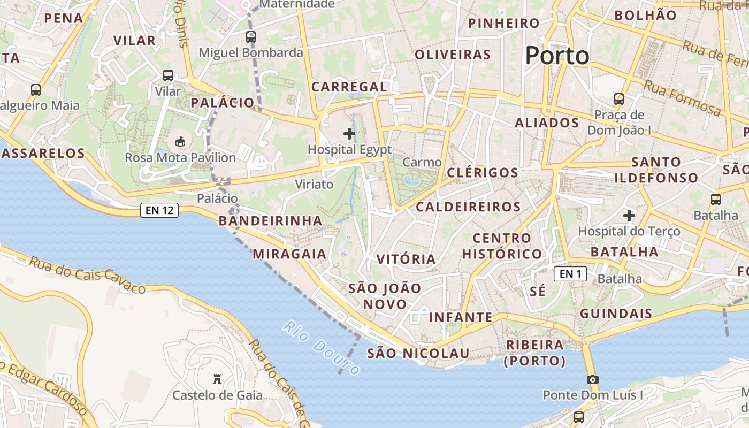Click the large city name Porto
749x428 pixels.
pos(557,55)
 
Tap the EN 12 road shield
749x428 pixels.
pos(159,210)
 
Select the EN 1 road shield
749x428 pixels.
pos(570,274)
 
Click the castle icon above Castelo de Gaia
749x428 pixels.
pos(217,379)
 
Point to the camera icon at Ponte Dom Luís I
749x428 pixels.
pos(592,379)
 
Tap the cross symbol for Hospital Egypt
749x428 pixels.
pos(349,133)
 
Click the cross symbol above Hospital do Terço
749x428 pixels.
pos(629,216)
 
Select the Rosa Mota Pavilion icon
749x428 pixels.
pos(180,142)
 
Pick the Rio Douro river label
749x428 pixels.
pos(322,347)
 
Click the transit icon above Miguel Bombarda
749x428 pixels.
pos(251,37)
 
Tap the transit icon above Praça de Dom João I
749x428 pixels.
pos(619,99)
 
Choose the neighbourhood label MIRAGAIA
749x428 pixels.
pos(289,254)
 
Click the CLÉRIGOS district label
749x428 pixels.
pos(483,172)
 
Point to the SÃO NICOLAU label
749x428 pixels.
pos(418,353)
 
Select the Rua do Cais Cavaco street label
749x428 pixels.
pos(87,274)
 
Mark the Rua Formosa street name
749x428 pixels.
pos(682,97)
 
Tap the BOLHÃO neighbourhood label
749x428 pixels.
pos(645,16)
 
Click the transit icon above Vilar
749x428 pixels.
pos(168,75)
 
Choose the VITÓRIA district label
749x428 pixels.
pos(406,259)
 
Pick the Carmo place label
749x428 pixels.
pos(422,162)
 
